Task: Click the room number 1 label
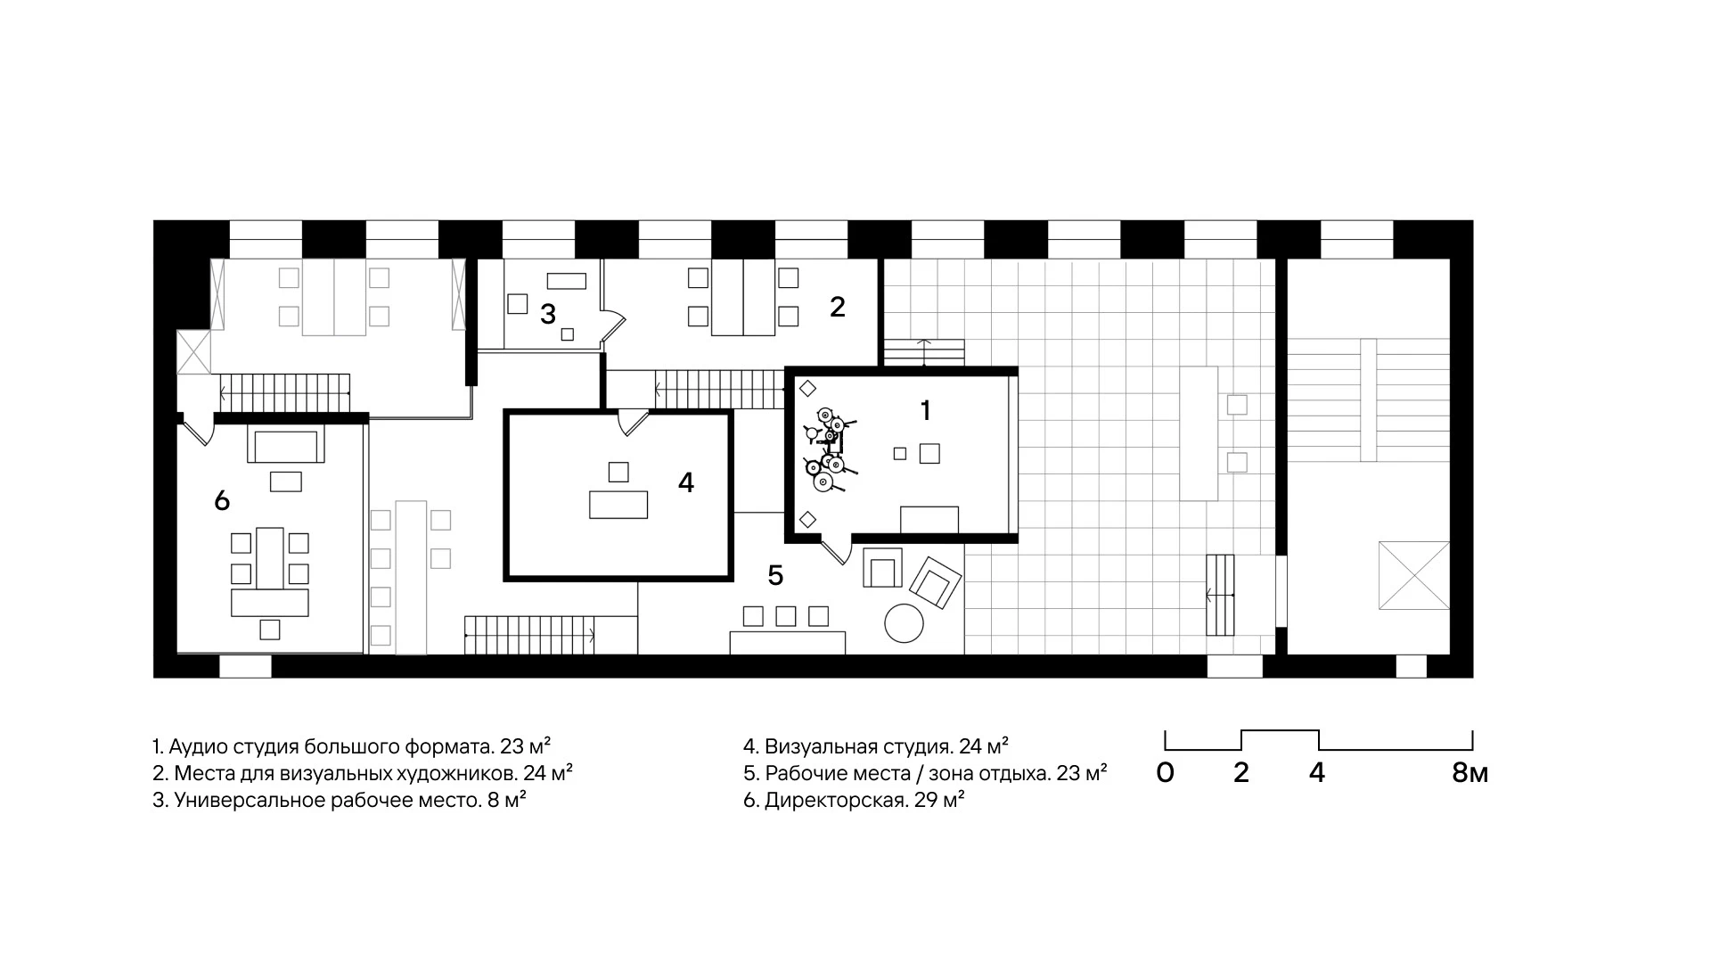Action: click(925, 410)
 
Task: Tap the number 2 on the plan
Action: click(837, 306)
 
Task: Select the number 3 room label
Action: click(548, 314)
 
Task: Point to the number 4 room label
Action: click(685, 482)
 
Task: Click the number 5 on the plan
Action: click(775, 576)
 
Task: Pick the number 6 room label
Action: click(222, 501)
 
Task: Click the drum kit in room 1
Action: click(828, 450)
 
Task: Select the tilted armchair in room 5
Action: click(935, 582)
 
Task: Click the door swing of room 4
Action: click(631, 422)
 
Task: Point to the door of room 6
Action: click(199, 430)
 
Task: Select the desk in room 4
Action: click(618, 505)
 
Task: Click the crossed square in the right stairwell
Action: click(1414, 575)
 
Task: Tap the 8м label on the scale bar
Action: click(1469, 773)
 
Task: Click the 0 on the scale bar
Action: click(1165, 773)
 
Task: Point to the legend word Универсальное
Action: click(250, 801)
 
